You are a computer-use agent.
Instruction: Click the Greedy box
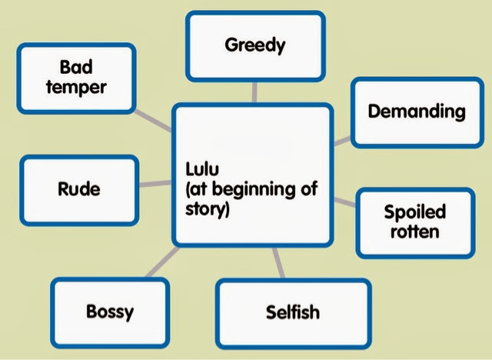coord(255,46)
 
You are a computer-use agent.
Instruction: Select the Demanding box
coord(417,112)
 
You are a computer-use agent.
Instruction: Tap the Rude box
coord(79,190)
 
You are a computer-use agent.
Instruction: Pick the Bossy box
coord(110,312)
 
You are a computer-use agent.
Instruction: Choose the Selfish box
coord(294,314)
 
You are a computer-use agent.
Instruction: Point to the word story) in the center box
coord(208,209)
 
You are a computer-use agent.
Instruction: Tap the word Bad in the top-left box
coord(76,67)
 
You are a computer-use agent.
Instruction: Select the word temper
coord(76,87)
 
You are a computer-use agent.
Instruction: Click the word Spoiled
coord(415,212)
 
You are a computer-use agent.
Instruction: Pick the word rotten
coord(415,232)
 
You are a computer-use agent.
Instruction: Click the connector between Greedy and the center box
coord(254,92)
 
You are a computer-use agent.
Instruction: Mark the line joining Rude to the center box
coord(155,184)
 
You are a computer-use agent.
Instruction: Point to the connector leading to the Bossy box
coord(162,262)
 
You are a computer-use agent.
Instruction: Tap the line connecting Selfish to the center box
coord(279,263)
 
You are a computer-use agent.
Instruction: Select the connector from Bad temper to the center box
coord(153,121)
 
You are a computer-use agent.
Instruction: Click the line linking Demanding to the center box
coord(342,141)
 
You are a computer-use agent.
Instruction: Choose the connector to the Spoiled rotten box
coord(345,202)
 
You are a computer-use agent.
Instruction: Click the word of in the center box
coord(309,188)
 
